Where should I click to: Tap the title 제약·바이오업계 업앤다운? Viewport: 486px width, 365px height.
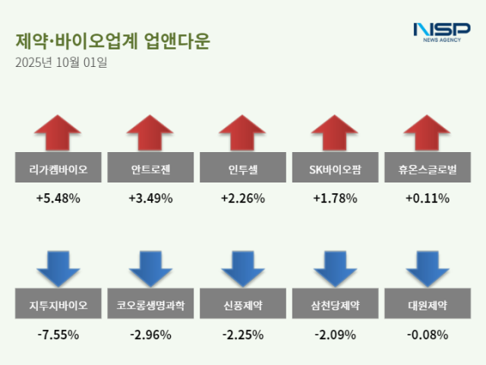[112, 41]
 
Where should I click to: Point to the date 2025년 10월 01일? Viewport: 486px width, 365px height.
[62, 62]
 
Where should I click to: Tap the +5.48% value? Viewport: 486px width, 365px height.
[58, 198]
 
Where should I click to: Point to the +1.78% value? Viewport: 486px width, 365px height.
[335, 198]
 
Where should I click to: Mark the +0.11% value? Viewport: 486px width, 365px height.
[427, 198]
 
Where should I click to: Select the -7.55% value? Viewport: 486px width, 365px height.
[58, 334]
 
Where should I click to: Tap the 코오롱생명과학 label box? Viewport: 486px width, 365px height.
[150, 306]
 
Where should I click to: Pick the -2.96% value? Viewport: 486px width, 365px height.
[150, 334]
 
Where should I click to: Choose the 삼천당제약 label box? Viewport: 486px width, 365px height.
[335, 306]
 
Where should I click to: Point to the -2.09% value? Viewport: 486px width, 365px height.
[335, 334]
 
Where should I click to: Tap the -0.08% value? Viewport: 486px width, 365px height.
[427, 334]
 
